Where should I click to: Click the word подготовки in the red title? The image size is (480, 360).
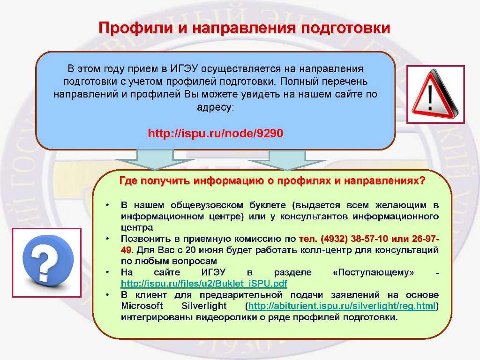point(345,29)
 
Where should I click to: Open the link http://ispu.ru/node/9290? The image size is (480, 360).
point(216,134)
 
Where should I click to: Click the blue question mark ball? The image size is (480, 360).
point(48,260)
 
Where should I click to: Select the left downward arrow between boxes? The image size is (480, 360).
point(155,159)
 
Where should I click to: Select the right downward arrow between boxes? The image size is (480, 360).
point(287,159)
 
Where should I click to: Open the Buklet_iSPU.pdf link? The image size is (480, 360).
point(204,284)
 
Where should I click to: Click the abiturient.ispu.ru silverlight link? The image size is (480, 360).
point(342,306)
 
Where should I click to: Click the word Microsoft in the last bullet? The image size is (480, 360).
point(142,306)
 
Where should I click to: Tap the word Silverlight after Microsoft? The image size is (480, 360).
point(204,306)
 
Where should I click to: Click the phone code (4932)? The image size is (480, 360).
point(334,239)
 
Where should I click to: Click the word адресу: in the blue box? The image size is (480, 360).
point(216,108)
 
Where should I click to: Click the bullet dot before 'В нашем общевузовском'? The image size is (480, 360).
point(107,205)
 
